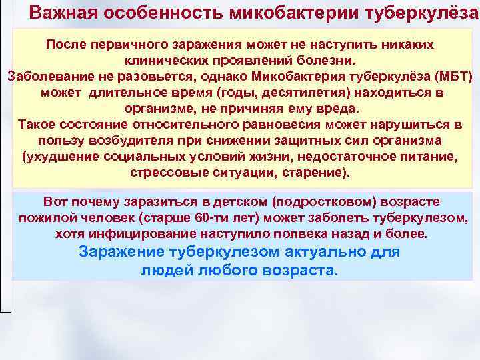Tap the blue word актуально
[325, 252]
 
